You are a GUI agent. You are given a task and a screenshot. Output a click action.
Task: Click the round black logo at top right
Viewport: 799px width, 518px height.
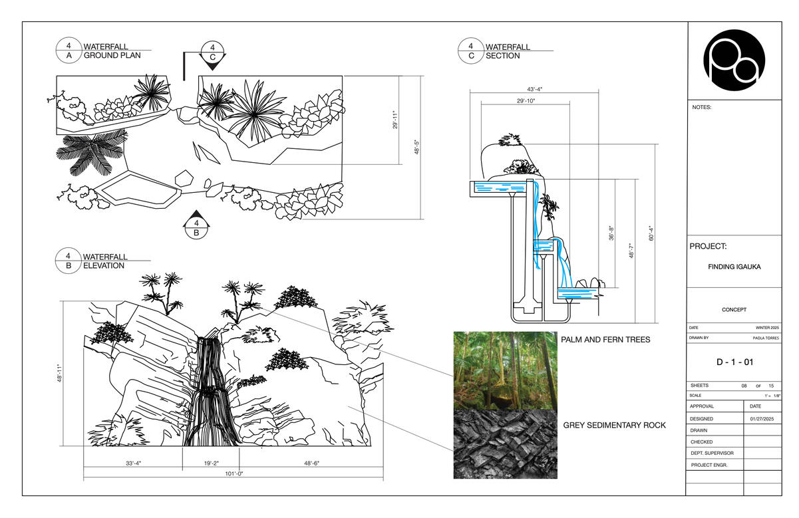[734, 60]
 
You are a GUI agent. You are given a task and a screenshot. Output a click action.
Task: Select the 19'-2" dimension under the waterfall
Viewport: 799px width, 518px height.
[211, 463]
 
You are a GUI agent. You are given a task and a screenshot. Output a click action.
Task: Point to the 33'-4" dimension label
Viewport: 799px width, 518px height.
[134, 463]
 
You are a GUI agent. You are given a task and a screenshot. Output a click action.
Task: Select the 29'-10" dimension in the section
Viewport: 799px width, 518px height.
[525, 101]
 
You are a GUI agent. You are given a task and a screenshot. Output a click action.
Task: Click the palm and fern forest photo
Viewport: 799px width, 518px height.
[505, 370]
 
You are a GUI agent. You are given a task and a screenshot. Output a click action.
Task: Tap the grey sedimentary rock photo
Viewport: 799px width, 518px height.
[505, 444]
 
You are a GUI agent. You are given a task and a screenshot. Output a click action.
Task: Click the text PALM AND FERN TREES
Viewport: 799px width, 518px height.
[605, 340]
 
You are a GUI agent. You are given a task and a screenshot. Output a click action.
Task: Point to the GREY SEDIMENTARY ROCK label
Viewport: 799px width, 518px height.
[614, 425]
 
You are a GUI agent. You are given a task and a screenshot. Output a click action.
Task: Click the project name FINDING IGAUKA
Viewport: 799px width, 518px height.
[734, 267]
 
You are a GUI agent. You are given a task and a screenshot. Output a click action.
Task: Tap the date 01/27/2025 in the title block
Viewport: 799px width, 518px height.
[762, 419]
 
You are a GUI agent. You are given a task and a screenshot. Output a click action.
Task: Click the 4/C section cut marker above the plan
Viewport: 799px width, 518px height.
[212, 53]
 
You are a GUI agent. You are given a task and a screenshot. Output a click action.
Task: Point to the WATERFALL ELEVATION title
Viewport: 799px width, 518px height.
[104, 261]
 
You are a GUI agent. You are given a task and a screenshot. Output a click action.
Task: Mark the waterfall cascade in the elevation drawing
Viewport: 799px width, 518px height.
[210, 392]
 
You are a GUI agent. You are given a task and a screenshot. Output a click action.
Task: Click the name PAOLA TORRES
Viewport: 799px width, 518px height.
[766, 338]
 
